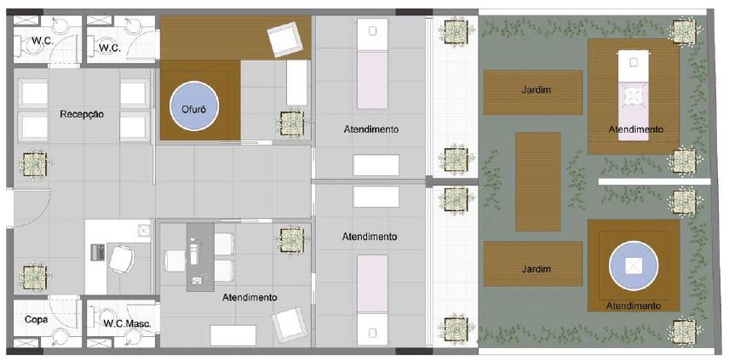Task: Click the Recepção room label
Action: [x=83, y=113]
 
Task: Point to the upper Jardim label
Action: [x=533, y=89]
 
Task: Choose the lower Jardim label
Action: [x=533, y=269]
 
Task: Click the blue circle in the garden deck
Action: [x=634, y=266]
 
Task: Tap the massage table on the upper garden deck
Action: [x=632, y=94]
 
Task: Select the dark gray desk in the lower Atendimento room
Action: [x=197, y=255]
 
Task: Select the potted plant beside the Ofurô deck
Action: [x=290, y=123]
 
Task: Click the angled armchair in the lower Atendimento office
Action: [x=286, y=323]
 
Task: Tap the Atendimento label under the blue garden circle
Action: [x=634, y=306]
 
